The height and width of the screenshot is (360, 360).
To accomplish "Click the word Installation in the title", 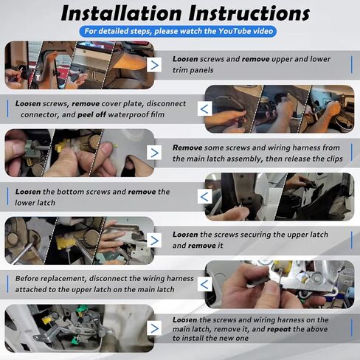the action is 122,13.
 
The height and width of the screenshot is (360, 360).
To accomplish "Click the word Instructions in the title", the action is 249,13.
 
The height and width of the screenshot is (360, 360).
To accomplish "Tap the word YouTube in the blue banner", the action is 235,31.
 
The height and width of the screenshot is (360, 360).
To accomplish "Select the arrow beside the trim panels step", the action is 154,65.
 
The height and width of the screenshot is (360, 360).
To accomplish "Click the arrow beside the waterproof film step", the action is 204,108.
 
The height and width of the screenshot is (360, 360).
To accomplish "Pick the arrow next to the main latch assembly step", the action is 154,153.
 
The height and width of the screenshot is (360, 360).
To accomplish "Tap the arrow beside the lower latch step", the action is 204,196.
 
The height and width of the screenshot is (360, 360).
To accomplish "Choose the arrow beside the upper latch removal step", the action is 154,240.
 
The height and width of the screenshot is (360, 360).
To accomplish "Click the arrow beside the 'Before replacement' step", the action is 204,284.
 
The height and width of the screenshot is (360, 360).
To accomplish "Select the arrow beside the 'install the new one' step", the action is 154,328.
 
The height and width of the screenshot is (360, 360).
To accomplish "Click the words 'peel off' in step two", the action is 91,115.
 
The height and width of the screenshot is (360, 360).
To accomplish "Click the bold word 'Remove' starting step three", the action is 187,148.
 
